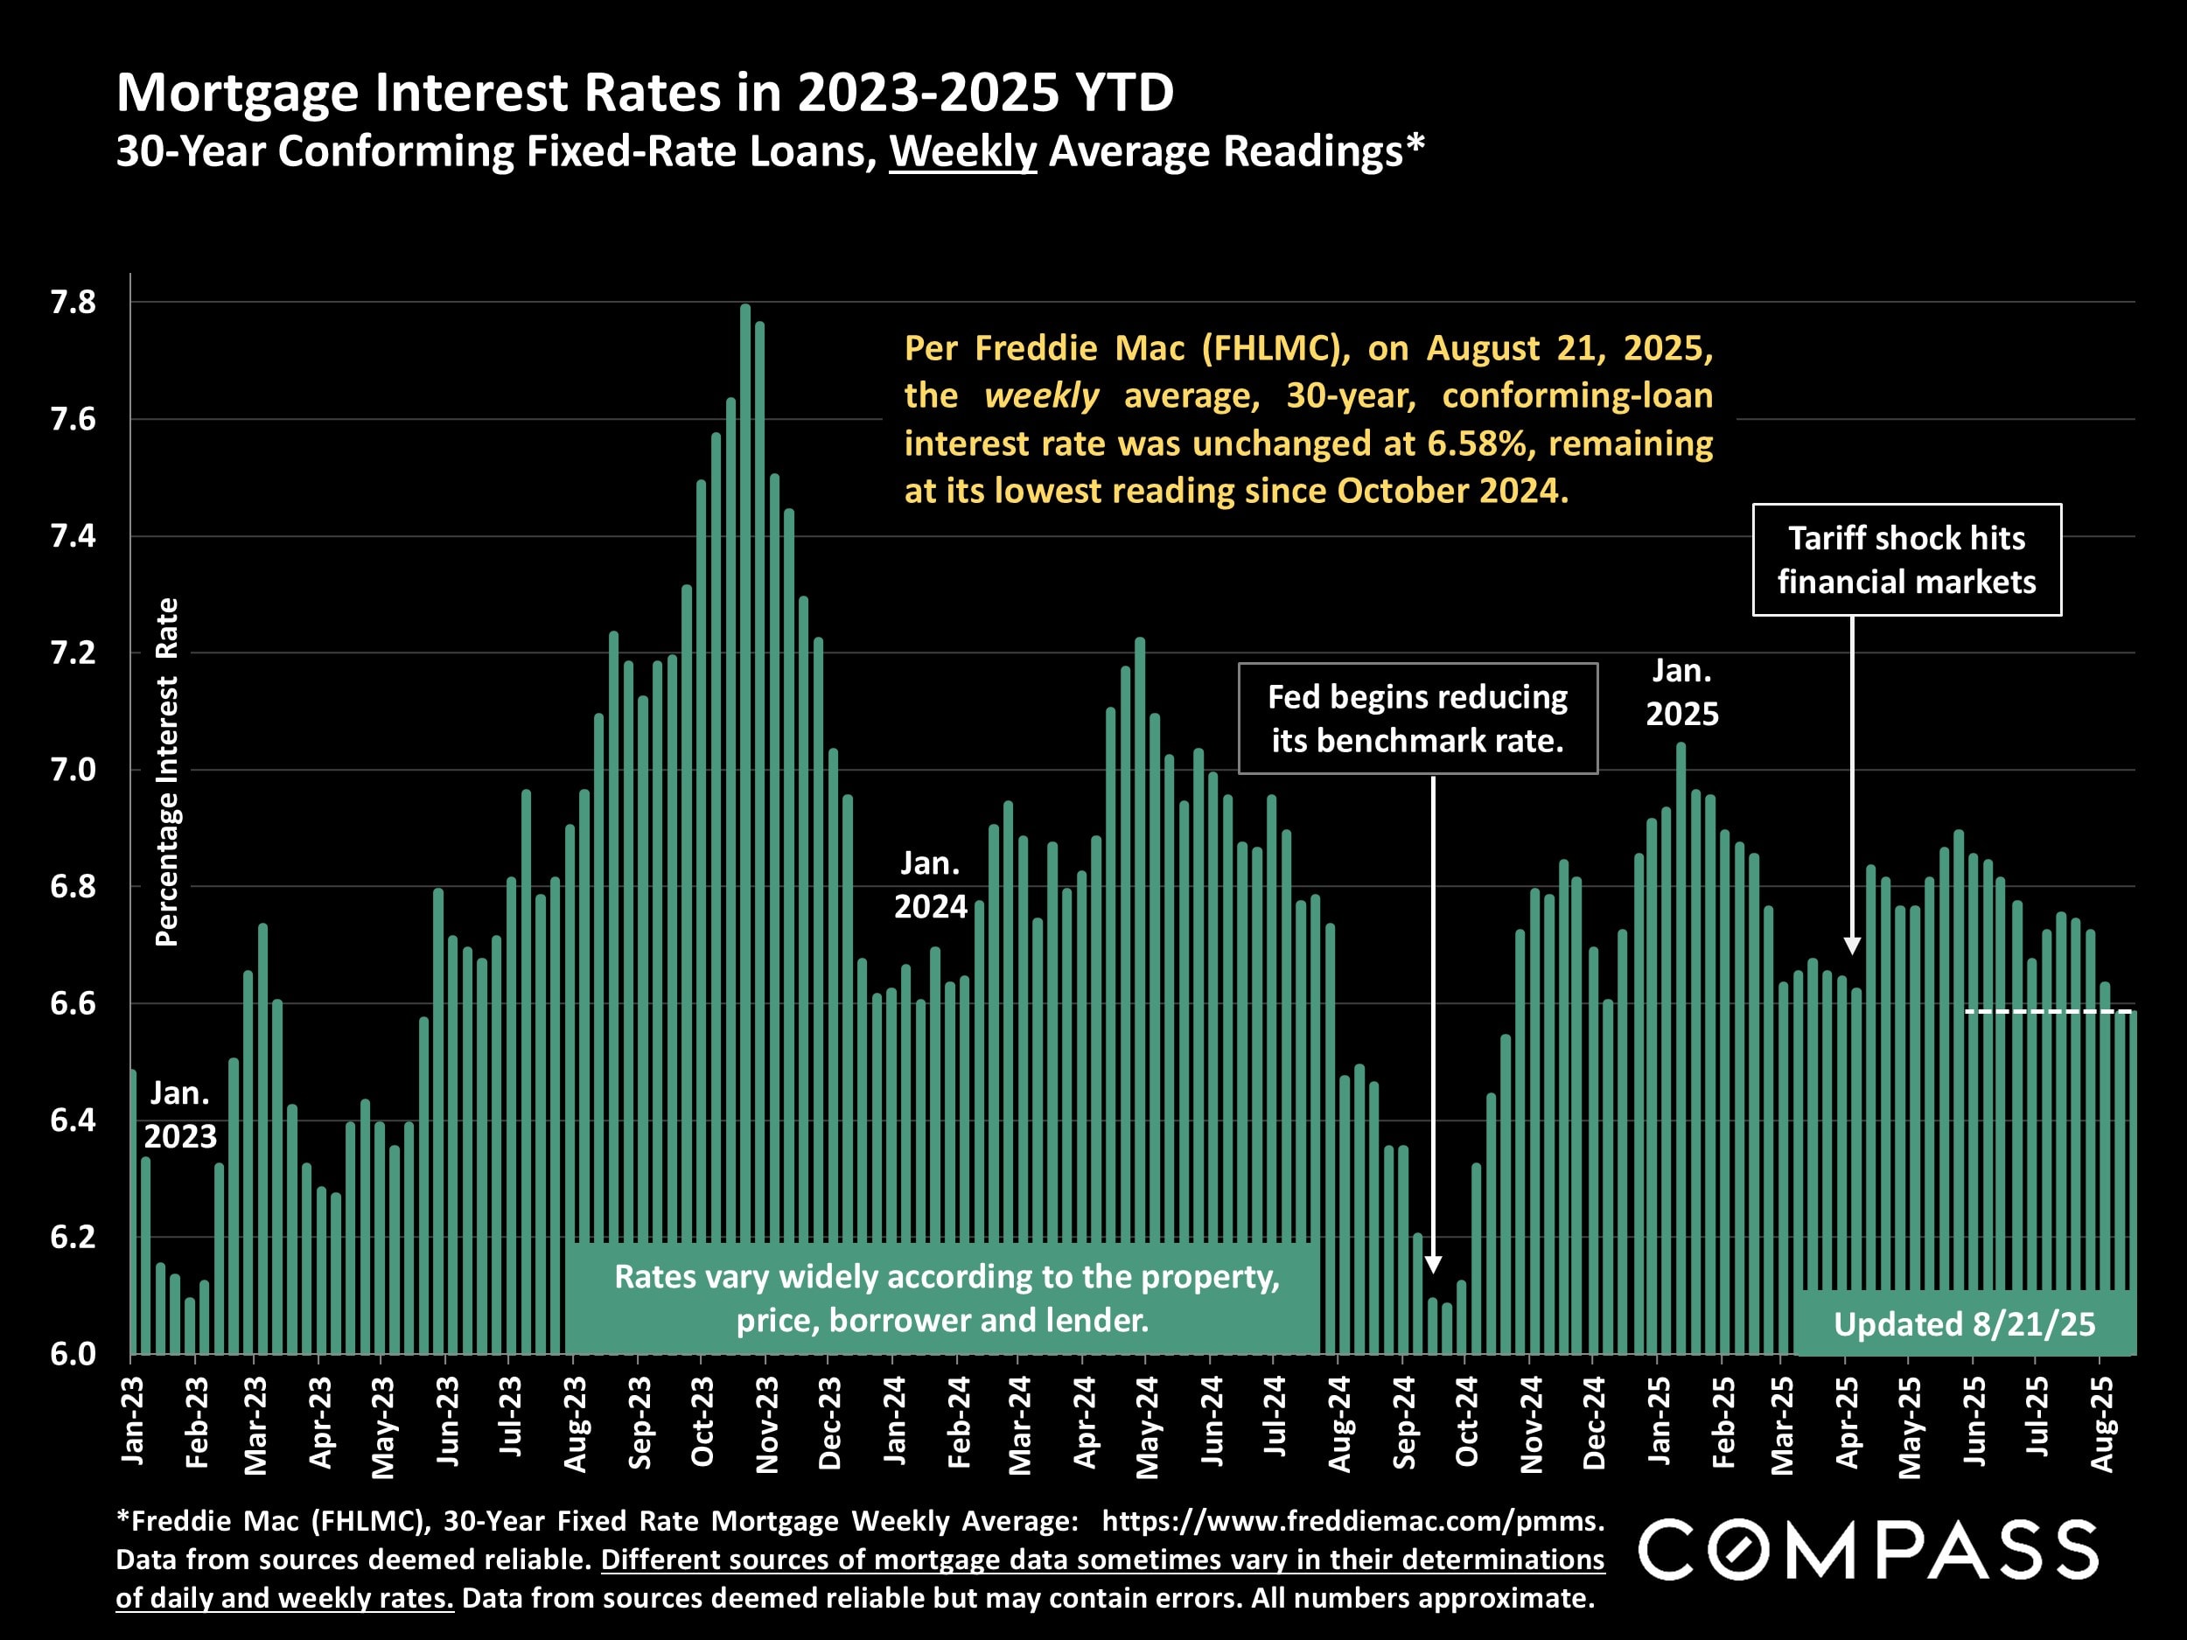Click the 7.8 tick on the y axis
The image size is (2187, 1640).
click(73, 303)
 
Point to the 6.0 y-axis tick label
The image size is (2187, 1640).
click(73, 1353)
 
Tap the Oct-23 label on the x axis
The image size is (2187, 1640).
click(702, 1421)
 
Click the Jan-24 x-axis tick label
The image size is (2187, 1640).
click(894, 1420)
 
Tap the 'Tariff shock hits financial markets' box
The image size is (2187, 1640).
click(1906, 560)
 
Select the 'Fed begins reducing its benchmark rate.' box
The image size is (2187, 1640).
click(1417, 719)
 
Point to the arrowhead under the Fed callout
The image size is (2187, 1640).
click(1433, 1265)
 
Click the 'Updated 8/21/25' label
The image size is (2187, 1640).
click(1964, 1324)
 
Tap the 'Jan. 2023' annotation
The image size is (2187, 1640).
click(180, 1115)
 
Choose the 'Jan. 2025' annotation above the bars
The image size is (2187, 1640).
click(1681, 692)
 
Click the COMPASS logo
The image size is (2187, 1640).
click(1868, 1550)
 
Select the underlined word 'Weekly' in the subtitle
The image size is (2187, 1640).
click(962, 152)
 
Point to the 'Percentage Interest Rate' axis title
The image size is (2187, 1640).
click(167, 771)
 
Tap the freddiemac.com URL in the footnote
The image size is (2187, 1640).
click(1352, 1520)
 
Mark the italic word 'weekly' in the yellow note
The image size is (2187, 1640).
click(1040, 396)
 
